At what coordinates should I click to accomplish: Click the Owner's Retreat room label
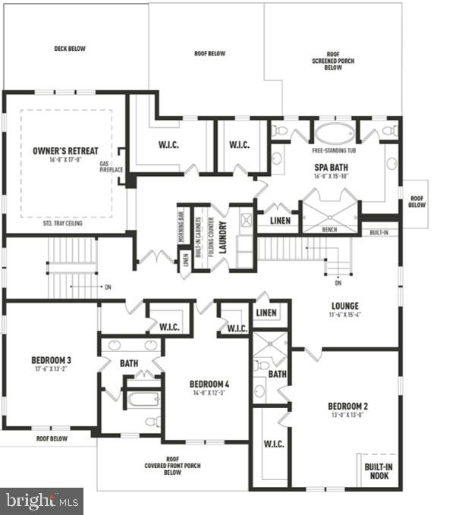click(x=66, y=152)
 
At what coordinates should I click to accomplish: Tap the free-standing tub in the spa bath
click(x=335, y=134)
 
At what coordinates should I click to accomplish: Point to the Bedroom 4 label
click(x=209, y=384)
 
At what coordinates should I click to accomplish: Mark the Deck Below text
click(x=70, y=49)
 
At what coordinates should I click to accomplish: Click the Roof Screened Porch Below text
click(x=334, y=60)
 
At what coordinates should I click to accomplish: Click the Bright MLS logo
click(x=42, y=501)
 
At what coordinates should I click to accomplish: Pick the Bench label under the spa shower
click(x=330, y=229)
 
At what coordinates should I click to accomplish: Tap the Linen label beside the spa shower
click(x=278, y=221)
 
